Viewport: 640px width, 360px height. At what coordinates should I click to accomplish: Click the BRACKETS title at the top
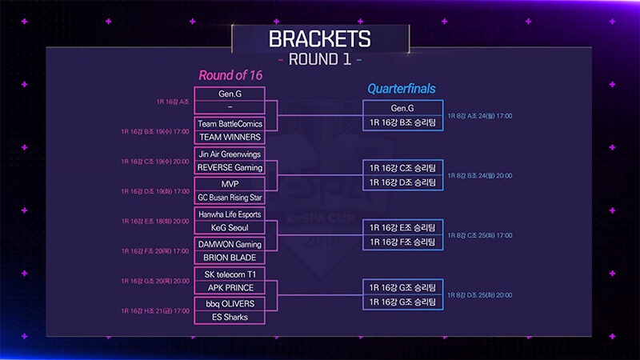pyautogui.click(x=319, y=38)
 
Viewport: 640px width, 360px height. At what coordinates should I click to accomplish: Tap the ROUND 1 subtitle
pyautogui.click(x=319, y=59)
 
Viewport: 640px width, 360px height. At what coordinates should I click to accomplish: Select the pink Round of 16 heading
pyautogui.click(x=230, y=75)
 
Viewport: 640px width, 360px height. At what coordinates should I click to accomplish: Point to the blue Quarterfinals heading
pyautogui.click(x=402, y=89)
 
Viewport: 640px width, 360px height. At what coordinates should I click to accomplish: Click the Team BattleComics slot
pyautogui.click(x=230, y=124)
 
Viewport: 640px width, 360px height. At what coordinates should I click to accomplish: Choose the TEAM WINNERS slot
pyautogui.click(x=230, y=137)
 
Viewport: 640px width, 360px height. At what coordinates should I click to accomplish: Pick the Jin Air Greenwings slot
pyautogui.click(x=230, y=154)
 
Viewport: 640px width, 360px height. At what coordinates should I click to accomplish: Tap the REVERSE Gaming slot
pyautogui.click(x=230, y=167)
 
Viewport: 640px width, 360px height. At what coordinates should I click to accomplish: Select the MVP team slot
pyautogui.click(x=230, y=183)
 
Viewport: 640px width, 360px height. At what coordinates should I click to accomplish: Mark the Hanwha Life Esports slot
pyautogui.click(x=230, y=214)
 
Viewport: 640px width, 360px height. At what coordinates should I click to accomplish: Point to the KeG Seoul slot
pyautogui.click(x=230, y=227)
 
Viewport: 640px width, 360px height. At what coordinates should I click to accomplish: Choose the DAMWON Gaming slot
pyautogui.click(x=230, y=244)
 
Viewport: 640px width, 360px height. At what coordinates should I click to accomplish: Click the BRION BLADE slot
pyautogui.click(x=230, y=258)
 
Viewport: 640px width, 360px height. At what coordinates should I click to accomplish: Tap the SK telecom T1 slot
pyautogui.click(x=230, y=274)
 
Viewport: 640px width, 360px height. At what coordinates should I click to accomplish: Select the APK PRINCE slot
pyautogui.click(x=230, y=287)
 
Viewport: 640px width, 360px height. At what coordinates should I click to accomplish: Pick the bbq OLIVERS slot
pyautogui.click(x=230, y=304)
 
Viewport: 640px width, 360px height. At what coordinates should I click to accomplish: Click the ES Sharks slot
pyautogui.click(x=230, y=318)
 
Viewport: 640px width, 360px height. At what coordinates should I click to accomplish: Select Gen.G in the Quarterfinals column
pyautogui.click(x=402, y=108)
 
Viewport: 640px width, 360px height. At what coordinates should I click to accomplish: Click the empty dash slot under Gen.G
pyautogui.click(x=230, y=106)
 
